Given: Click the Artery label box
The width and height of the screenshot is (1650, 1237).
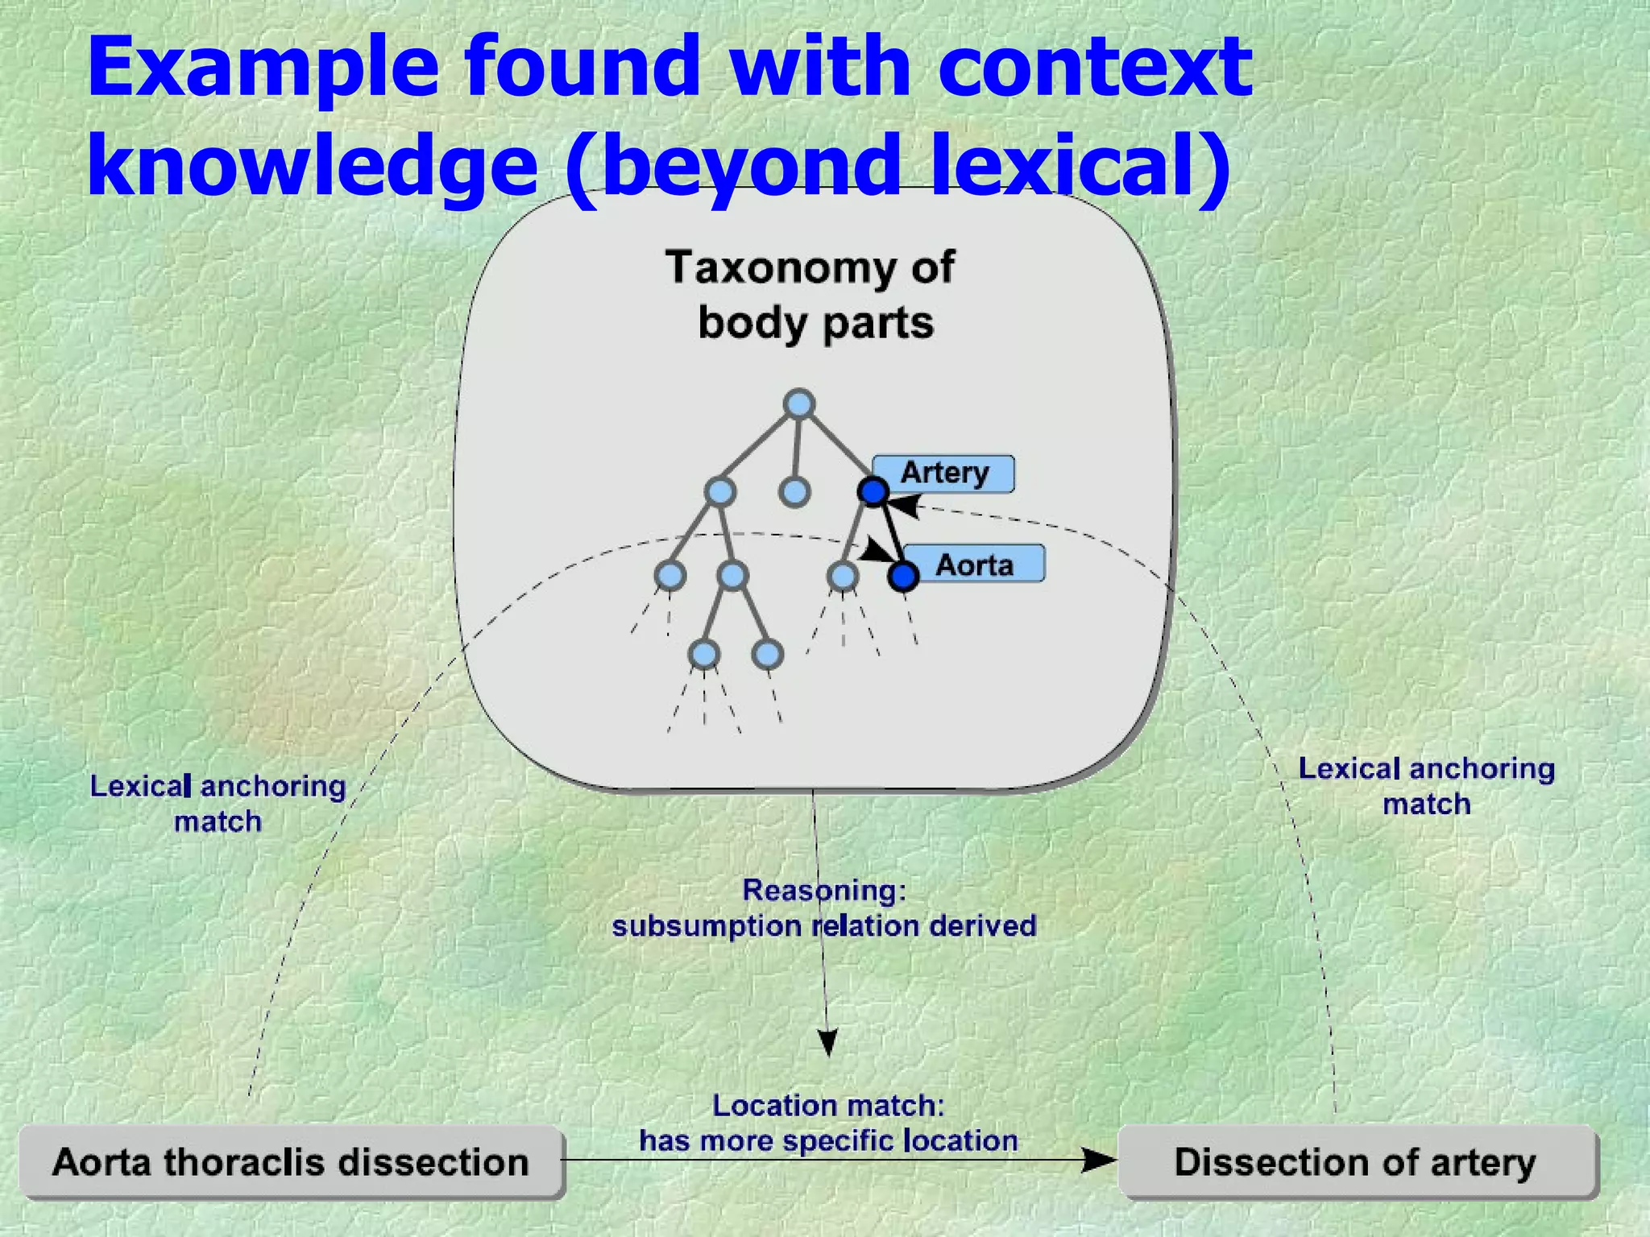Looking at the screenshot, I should click(x=943, y=473).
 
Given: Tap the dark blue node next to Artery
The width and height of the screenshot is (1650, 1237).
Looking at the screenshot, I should click(x=873, y=491).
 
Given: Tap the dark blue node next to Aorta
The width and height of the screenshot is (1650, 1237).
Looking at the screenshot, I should click(x=903, y=576).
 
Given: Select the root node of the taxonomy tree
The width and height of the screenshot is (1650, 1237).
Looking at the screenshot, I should click(x=798, y=404).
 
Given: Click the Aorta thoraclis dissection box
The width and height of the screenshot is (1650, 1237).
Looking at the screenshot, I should click(x=291, y=1162).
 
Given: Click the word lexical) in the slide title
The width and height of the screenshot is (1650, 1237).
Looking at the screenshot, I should click(x=1080, y=165).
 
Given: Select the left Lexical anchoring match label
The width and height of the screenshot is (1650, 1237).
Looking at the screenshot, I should click(x=218, y=803).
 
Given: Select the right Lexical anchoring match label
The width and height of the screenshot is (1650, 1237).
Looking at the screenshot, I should click(x=1426, y=785).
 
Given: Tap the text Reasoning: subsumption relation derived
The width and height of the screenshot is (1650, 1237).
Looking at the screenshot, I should click(x=823, y=908).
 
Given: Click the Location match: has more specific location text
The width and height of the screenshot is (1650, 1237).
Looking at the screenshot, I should click(x=828, y=1123).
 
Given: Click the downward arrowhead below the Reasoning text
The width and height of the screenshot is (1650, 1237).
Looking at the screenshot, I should click(x=827, y=1042).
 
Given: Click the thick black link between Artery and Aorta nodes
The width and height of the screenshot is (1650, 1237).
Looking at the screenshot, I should click(x=889, y=533).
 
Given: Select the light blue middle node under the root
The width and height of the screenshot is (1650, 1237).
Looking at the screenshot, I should click(x=794, y=491).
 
